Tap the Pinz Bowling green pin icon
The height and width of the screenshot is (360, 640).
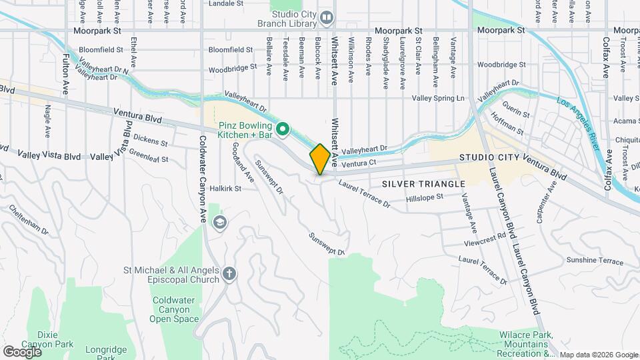coord(282,129)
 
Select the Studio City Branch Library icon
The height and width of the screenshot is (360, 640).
coord(326,17)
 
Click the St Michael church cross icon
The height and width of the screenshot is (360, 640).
coord(229,274)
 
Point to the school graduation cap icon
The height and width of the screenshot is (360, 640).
coord(218,222)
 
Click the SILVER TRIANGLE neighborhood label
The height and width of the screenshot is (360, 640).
coord(423,183)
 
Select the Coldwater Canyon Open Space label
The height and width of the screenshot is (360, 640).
coord(175,309)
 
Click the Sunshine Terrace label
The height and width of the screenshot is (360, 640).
coord(594,260)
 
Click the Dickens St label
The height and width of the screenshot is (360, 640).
coord(150,141)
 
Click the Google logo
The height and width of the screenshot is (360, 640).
coord(21,351)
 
